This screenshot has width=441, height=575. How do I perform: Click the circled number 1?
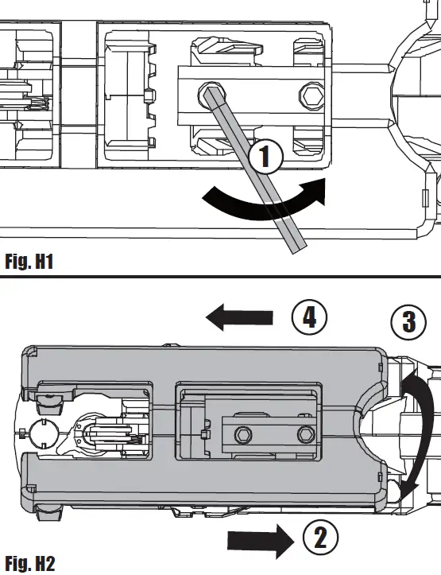click(x=267, y=156)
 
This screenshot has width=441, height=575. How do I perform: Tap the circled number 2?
click(x=319, y=538)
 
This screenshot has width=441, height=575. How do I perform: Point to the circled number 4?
click(x=310, y=317)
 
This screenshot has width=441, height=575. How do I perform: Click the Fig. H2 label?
click(x=29, y=563)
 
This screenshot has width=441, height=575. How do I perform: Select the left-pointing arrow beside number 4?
click(x=238, y=318)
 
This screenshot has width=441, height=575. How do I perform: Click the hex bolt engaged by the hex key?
click(x=210, y=93)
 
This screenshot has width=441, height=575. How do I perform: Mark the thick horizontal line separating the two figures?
click(x=220, y=276)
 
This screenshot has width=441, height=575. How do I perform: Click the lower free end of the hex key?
click(x=294, y=247)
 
